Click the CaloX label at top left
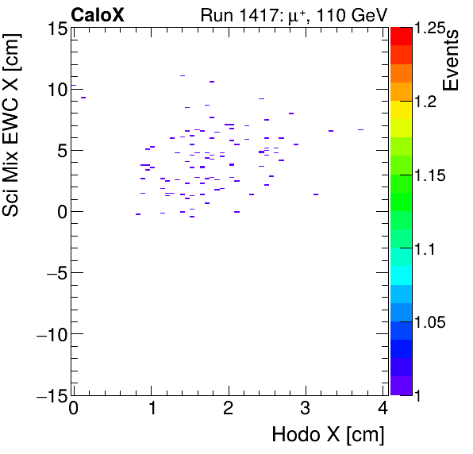coord(97,13)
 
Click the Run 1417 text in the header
coord(235,13)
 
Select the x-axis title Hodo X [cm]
coord(328,435)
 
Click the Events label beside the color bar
coord(452,61)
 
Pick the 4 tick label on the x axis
coord(383,410)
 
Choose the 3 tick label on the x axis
coord(306,410)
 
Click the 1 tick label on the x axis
coord(151,410)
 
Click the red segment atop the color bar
coord(400,36)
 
